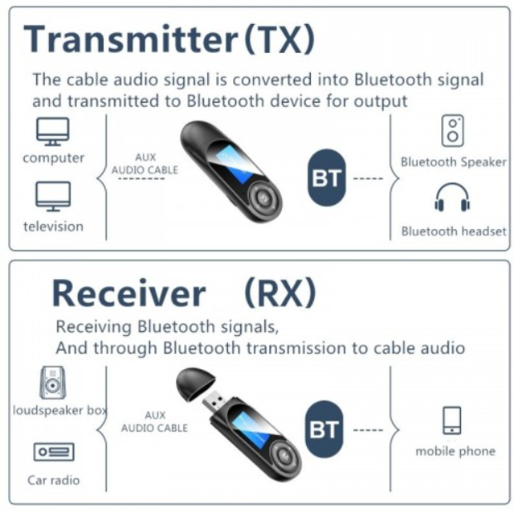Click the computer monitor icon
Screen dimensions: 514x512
click(x=53, y=132)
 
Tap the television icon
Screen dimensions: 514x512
click(x=53, y=196)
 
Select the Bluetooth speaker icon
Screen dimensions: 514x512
click(x=453, y=130)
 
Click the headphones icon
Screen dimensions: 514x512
click(x=452, y=197)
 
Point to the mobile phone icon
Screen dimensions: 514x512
click(x=452, y=421)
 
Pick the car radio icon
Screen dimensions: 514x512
click(x=54, y=452)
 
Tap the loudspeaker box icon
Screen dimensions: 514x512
click(x=52, y=383)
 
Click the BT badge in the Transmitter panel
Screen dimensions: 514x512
click(x=327, y=178)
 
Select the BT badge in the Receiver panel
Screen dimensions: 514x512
click(x=324, y=429)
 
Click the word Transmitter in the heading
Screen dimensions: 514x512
click(x=131, y=39)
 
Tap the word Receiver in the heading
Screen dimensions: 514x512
click(x=128, y=293)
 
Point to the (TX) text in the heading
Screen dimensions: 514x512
click(x=279, y=39)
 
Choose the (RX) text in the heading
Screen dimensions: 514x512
click(x=280, y=293)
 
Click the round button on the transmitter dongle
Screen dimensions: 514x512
click(x=263, y=198)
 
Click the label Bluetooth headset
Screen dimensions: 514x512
click(x=454, y=231)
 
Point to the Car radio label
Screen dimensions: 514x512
click(x=54, y=480)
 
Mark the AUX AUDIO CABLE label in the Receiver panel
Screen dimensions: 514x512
click(x=154, y=421)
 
